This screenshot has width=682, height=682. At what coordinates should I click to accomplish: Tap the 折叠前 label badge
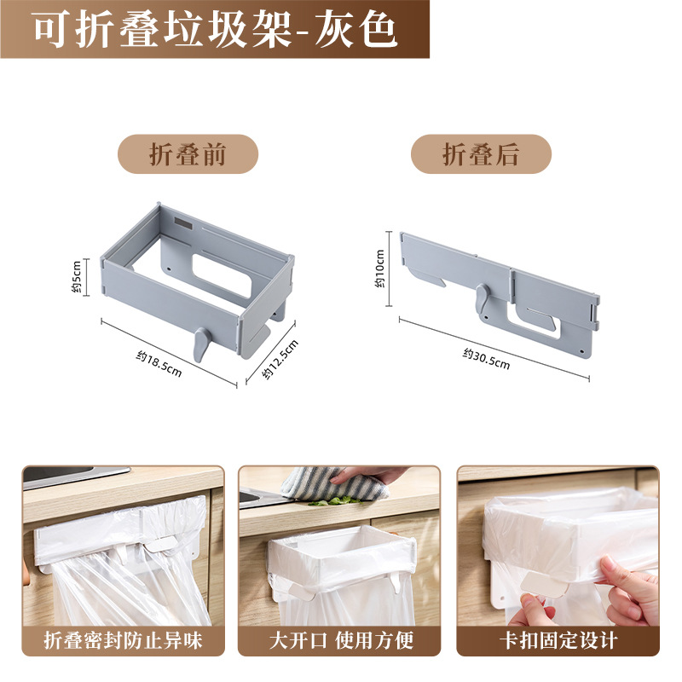point(188,154)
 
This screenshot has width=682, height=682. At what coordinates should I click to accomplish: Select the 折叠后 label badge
point(481,154)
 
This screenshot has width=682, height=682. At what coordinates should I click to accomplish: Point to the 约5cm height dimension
point(76,276)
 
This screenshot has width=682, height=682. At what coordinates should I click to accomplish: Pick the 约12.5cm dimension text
point(281,361)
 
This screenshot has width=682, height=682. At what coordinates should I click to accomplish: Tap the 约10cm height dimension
point(380,269)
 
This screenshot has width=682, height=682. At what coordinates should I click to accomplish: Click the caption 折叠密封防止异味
point(123,640)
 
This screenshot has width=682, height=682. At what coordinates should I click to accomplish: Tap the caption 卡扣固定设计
point(558,640)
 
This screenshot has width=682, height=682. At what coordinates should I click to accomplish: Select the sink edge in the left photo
point(77,474)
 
